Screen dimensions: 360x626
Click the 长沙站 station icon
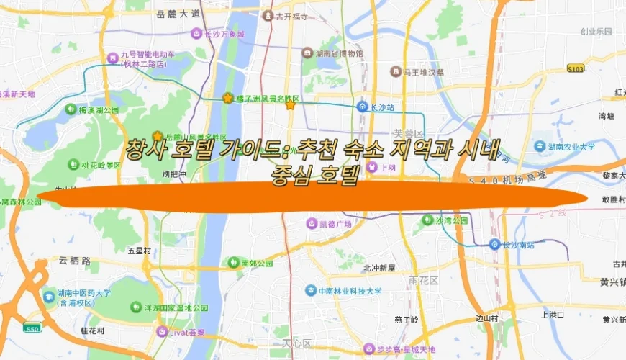click(364, 107)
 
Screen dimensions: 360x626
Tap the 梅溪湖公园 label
click(97, 109)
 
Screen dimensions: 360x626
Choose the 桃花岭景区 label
click(101, 165)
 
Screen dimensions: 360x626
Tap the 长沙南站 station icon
click(494, 244)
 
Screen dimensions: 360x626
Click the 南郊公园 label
click(258, 263)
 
